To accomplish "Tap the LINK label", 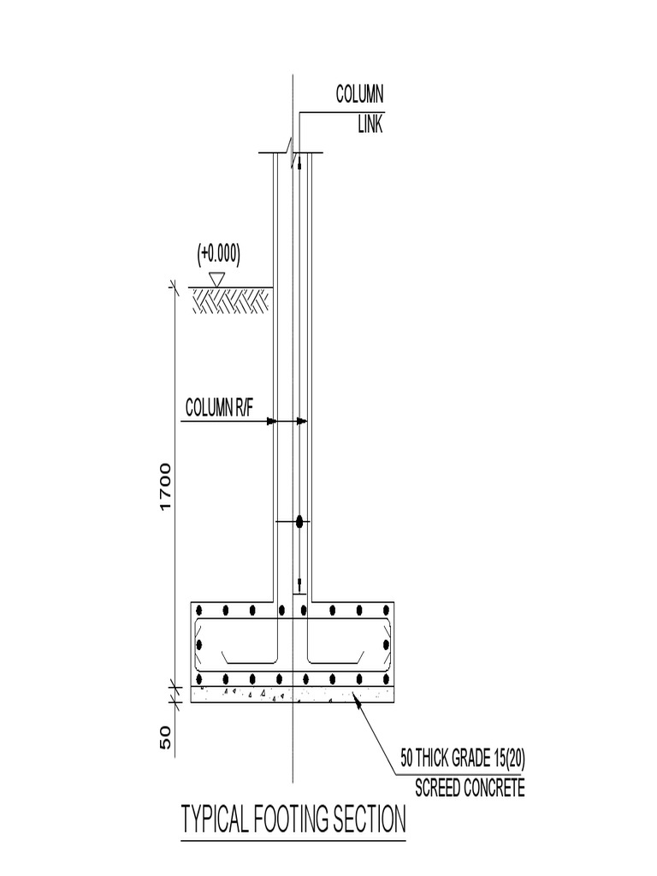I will [370, 125].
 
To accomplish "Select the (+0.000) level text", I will [219, 253].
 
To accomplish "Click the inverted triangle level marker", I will [217, 278].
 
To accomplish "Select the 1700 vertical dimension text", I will [166, 487].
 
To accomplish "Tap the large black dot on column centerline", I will [299, 522].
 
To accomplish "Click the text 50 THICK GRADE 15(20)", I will [463, 758].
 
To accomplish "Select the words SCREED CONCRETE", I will [470, 788].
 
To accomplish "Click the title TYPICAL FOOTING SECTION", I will [293, 820].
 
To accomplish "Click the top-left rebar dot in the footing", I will [199, 611].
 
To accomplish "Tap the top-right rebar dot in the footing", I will [387, 611].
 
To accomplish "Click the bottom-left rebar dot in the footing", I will [199, 679].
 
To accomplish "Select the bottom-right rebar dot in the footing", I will [387, 679].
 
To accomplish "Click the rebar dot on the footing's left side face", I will [199, 645].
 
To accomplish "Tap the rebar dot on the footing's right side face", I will [387, 645].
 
